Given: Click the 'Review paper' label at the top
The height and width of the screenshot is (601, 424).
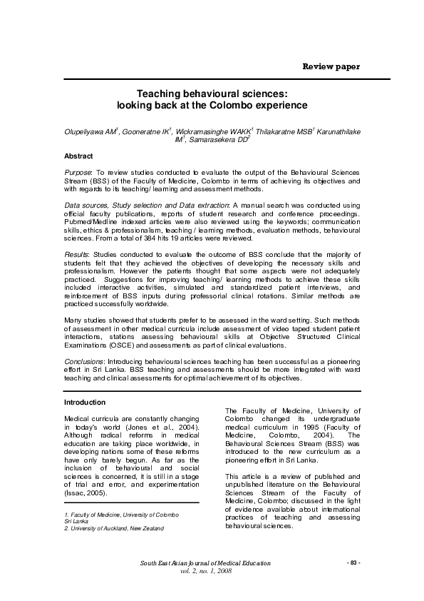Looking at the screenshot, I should point(331,66).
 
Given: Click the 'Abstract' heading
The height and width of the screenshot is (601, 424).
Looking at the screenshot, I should point(78,156).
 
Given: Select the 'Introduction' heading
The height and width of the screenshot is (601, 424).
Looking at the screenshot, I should point(85,403).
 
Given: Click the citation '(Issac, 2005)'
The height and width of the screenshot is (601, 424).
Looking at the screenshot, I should point(87,493).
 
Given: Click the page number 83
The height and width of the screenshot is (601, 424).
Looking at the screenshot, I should point(353,563).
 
